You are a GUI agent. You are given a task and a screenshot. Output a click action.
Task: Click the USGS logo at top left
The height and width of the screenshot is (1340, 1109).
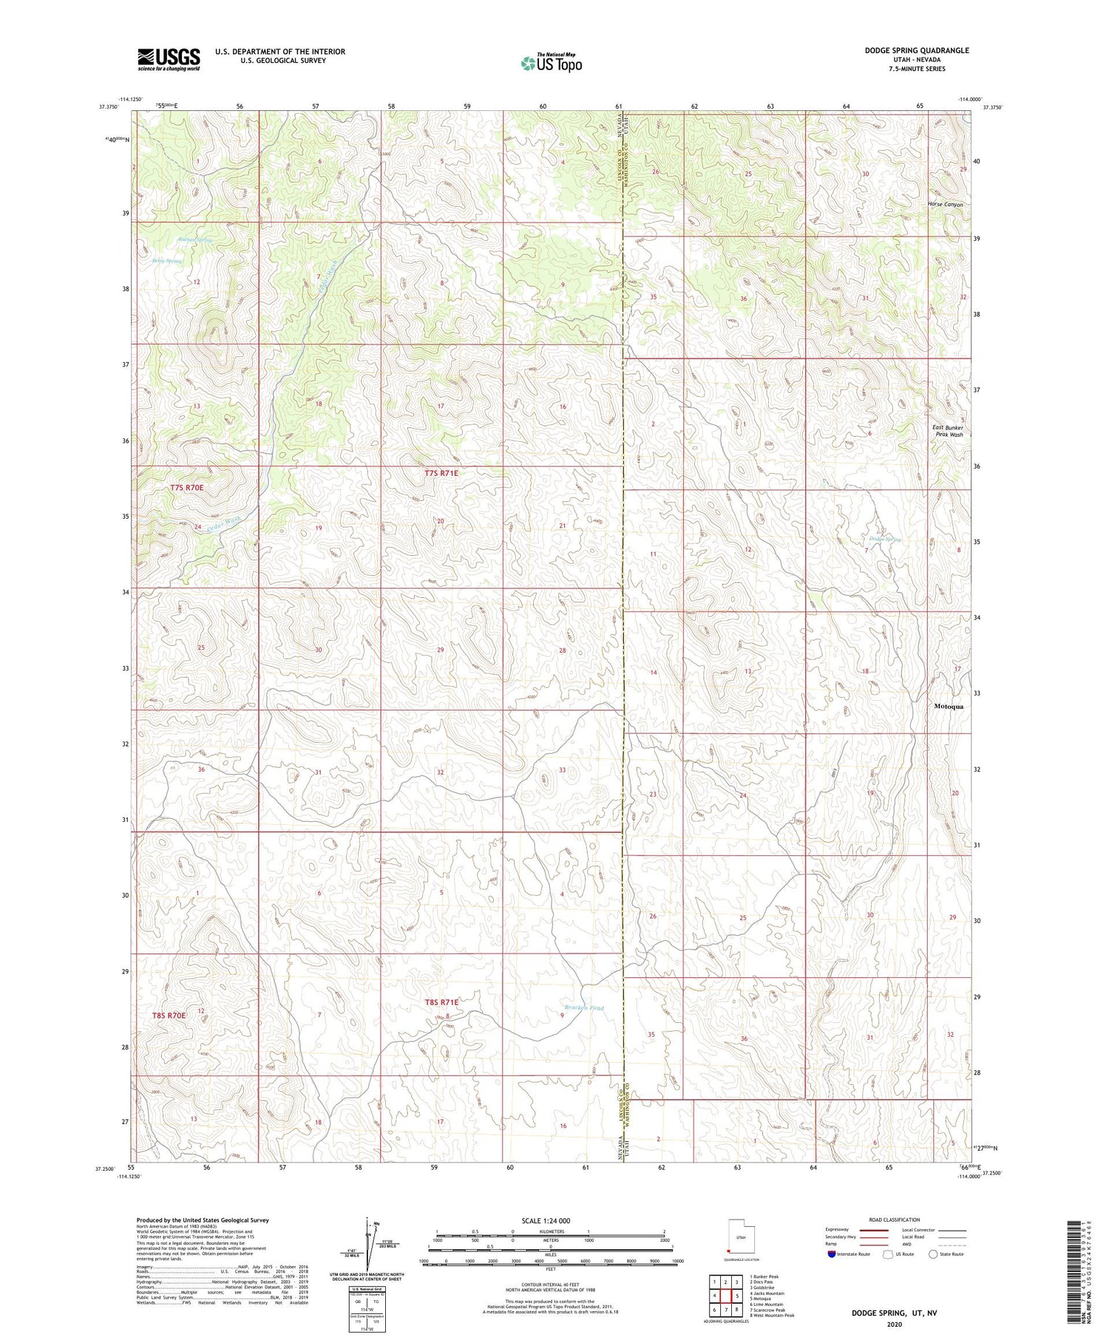point(169,59)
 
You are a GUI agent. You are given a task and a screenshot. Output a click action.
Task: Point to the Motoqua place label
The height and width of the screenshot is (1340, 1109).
point(949,707)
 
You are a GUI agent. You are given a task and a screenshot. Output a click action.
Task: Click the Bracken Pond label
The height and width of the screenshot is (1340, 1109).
point(584,1008)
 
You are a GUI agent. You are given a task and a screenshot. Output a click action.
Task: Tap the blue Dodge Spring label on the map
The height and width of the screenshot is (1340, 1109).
point(886,540)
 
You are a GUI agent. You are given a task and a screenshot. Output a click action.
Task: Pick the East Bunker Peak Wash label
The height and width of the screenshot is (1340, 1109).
point(948,431)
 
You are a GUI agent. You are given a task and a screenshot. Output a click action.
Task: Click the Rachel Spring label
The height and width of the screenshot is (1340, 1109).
point(195,240)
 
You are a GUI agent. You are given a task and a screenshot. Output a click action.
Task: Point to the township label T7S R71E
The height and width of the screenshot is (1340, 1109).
point(441,473)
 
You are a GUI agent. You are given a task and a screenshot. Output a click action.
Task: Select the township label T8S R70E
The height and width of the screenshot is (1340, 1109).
point(169,1016)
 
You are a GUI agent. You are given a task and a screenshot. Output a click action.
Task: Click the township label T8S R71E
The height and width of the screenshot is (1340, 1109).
point(441,1002)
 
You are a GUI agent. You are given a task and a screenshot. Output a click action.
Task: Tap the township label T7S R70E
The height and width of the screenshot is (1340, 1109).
point(186,488)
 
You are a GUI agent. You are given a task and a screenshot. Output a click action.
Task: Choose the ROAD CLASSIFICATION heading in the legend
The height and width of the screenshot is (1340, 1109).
point(894,1220)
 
